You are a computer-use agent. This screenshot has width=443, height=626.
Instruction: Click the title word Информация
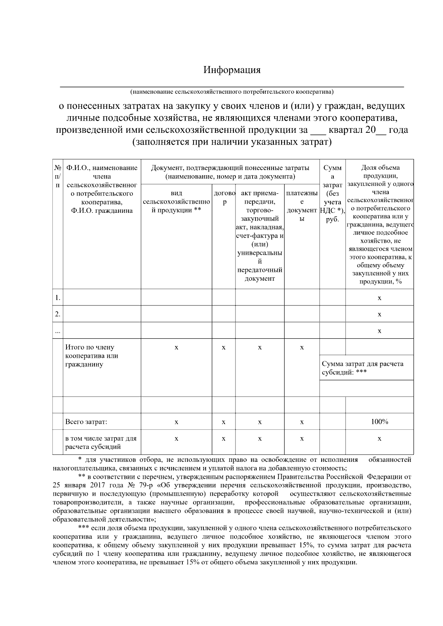click(x=232, y=70)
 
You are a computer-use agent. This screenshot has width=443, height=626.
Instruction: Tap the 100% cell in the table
click(x=379, y=422)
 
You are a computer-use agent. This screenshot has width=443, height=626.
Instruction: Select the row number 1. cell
click(x=58, y=298)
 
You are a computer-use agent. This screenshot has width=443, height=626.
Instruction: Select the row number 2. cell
click(x=58, y=314)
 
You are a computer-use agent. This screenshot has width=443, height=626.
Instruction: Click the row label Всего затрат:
click(x=86, y=422)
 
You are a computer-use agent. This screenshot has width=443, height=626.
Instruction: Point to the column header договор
click(x=224, y=197)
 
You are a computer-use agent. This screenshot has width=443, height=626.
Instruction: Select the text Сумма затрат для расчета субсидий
click(x=363, y=368)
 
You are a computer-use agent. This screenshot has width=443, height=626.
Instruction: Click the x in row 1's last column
click(x=379, y=298)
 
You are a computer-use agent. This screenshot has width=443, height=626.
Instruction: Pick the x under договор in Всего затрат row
click(x=224, y=422)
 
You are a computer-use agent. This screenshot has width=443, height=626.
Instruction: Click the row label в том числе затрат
click(x=101, y=443)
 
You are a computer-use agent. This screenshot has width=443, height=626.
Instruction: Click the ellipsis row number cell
click(x=58, y=331)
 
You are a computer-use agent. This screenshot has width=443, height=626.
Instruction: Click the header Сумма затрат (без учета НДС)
click(x=332, y=193)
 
